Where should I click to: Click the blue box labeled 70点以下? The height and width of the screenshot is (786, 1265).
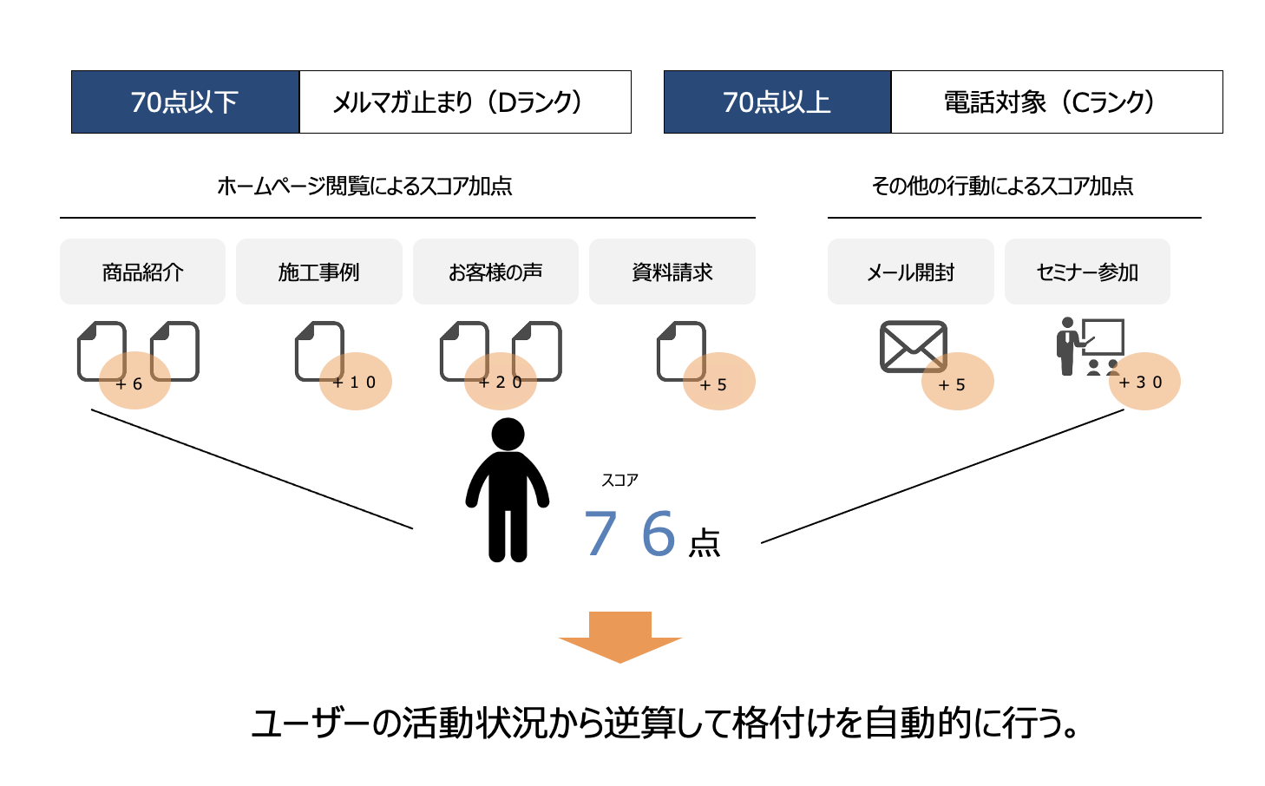click(185, 102)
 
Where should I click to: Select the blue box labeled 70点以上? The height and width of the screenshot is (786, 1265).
click(777, 102)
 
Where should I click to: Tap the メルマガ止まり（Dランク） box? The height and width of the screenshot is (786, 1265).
click(465, 102)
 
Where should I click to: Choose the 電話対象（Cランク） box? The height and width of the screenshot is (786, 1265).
click(1057, 102)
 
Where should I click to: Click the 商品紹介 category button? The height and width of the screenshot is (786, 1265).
click(142, 272)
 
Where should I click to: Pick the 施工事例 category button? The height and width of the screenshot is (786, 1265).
click(319, 272)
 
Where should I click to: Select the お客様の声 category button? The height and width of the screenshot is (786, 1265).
click(495, 272)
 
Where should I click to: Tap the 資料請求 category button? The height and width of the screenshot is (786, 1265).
click(672, 272)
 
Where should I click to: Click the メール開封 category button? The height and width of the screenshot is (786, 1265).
click(910, 272)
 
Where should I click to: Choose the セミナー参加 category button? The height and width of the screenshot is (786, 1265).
click(1087, 272)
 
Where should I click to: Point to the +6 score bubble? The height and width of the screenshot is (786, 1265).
click(134, 382)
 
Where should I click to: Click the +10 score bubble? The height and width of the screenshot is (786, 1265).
click(355, 382)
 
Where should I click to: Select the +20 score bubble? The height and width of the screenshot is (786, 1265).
click(501, 382)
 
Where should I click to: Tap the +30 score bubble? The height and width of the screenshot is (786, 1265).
click(1144, 382)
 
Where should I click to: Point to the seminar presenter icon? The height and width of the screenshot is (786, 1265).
click(1088, 346)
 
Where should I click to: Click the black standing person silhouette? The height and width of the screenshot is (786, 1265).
click(508, 490)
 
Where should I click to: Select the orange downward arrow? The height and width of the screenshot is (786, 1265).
click(620, 636)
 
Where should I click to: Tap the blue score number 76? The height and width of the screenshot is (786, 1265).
click(630, 533)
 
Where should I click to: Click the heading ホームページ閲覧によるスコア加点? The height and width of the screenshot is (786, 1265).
click(364, 186)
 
